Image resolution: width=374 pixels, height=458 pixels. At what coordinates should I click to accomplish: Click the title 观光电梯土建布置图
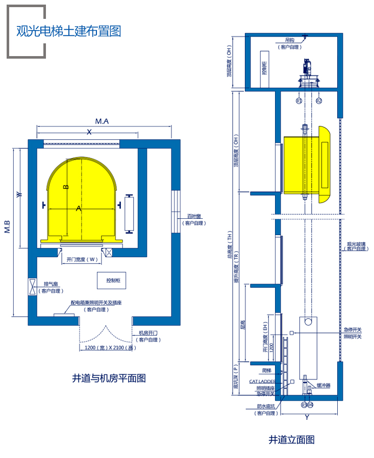68,31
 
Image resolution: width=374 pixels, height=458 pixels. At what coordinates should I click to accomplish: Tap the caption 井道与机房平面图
109,378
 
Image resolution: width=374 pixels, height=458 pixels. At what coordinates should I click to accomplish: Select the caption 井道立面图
291,440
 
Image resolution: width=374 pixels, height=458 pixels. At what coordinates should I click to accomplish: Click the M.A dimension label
102,121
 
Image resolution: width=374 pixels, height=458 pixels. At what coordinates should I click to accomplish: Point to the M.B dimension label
8,226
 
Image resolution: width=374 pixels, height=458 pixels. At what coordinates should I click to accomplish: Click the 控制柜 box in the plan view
112,281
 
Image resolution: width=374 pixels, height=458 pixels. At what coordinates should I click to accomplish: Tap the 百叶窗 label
193,216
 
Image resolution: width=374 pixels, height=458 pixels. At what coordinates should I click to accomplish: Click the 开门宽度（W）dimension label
82,259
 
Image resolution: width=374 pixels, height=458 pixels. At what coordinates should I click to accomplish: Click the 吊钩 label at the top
289,40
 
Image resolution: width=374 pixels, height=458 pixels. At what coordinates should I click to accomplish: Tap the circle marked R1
299,100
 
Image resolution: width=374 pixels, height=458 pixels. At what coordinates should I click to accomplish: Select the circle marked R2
318,100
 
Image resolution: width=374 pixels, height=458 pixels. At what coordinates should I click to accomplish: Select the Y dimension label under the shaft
307,418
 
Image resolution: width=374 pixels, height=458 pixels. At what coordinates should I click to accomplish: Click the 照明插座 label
265,388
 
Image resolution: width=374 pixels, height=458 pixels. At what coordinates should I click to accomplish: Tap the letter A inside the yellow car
78,208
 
